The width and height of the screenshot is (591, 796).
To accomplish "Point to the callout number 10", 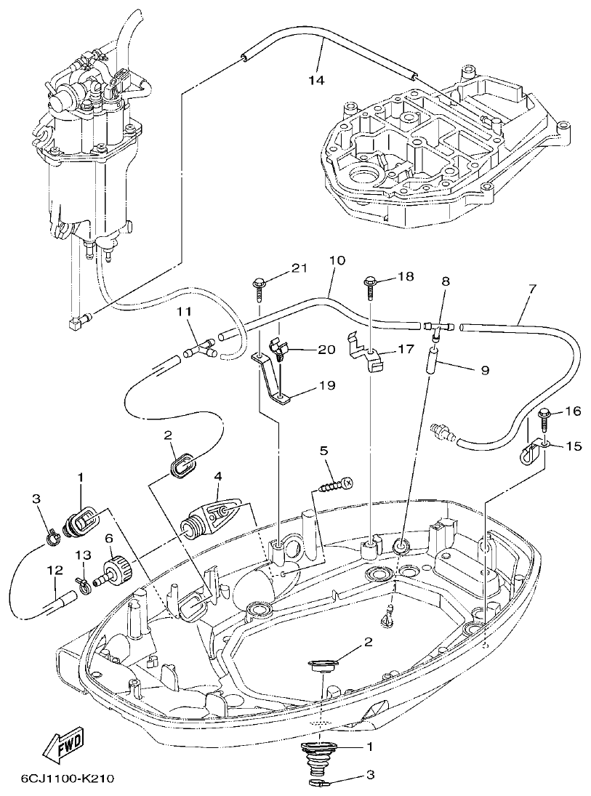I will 337,260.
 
